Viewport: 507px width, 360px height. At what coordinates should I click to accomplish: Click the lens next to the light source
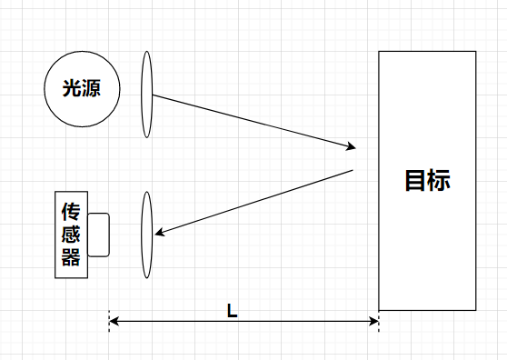tap(146, 94)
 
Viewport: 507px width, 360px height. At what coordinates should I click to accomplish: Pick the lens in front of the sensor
tap(146, 235)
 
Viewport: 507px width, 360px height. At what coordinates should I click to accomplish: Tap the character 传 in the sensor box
tap(72, 213)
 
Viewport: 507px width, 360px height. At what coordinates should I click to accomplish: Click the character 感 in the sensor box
tap(72, 235)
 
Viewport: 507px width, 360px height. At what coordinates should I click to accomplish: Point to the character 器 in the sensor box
tap(72, 256)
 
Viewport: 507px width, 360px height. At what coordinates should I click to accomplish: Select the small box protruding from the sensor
tap(99, 235)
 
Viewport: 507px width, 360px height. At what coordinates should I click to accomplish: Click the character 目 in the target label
tap(415, 180)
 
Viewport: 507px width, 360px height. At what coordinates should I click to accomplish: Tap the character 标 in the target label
tap(438, 180)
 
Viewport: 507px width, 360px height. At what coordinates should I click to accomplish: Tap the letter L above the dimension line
tap(233, 310)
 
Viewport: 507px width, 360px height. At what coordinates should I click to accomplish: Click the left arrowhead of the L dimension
tap(113, 320)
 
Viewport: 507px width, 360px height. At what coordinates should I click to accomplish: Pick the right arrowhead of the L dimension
tap(374, 320)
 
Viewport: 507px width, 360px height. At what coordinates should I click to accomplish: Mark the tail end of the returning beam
tap(353, 170)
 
